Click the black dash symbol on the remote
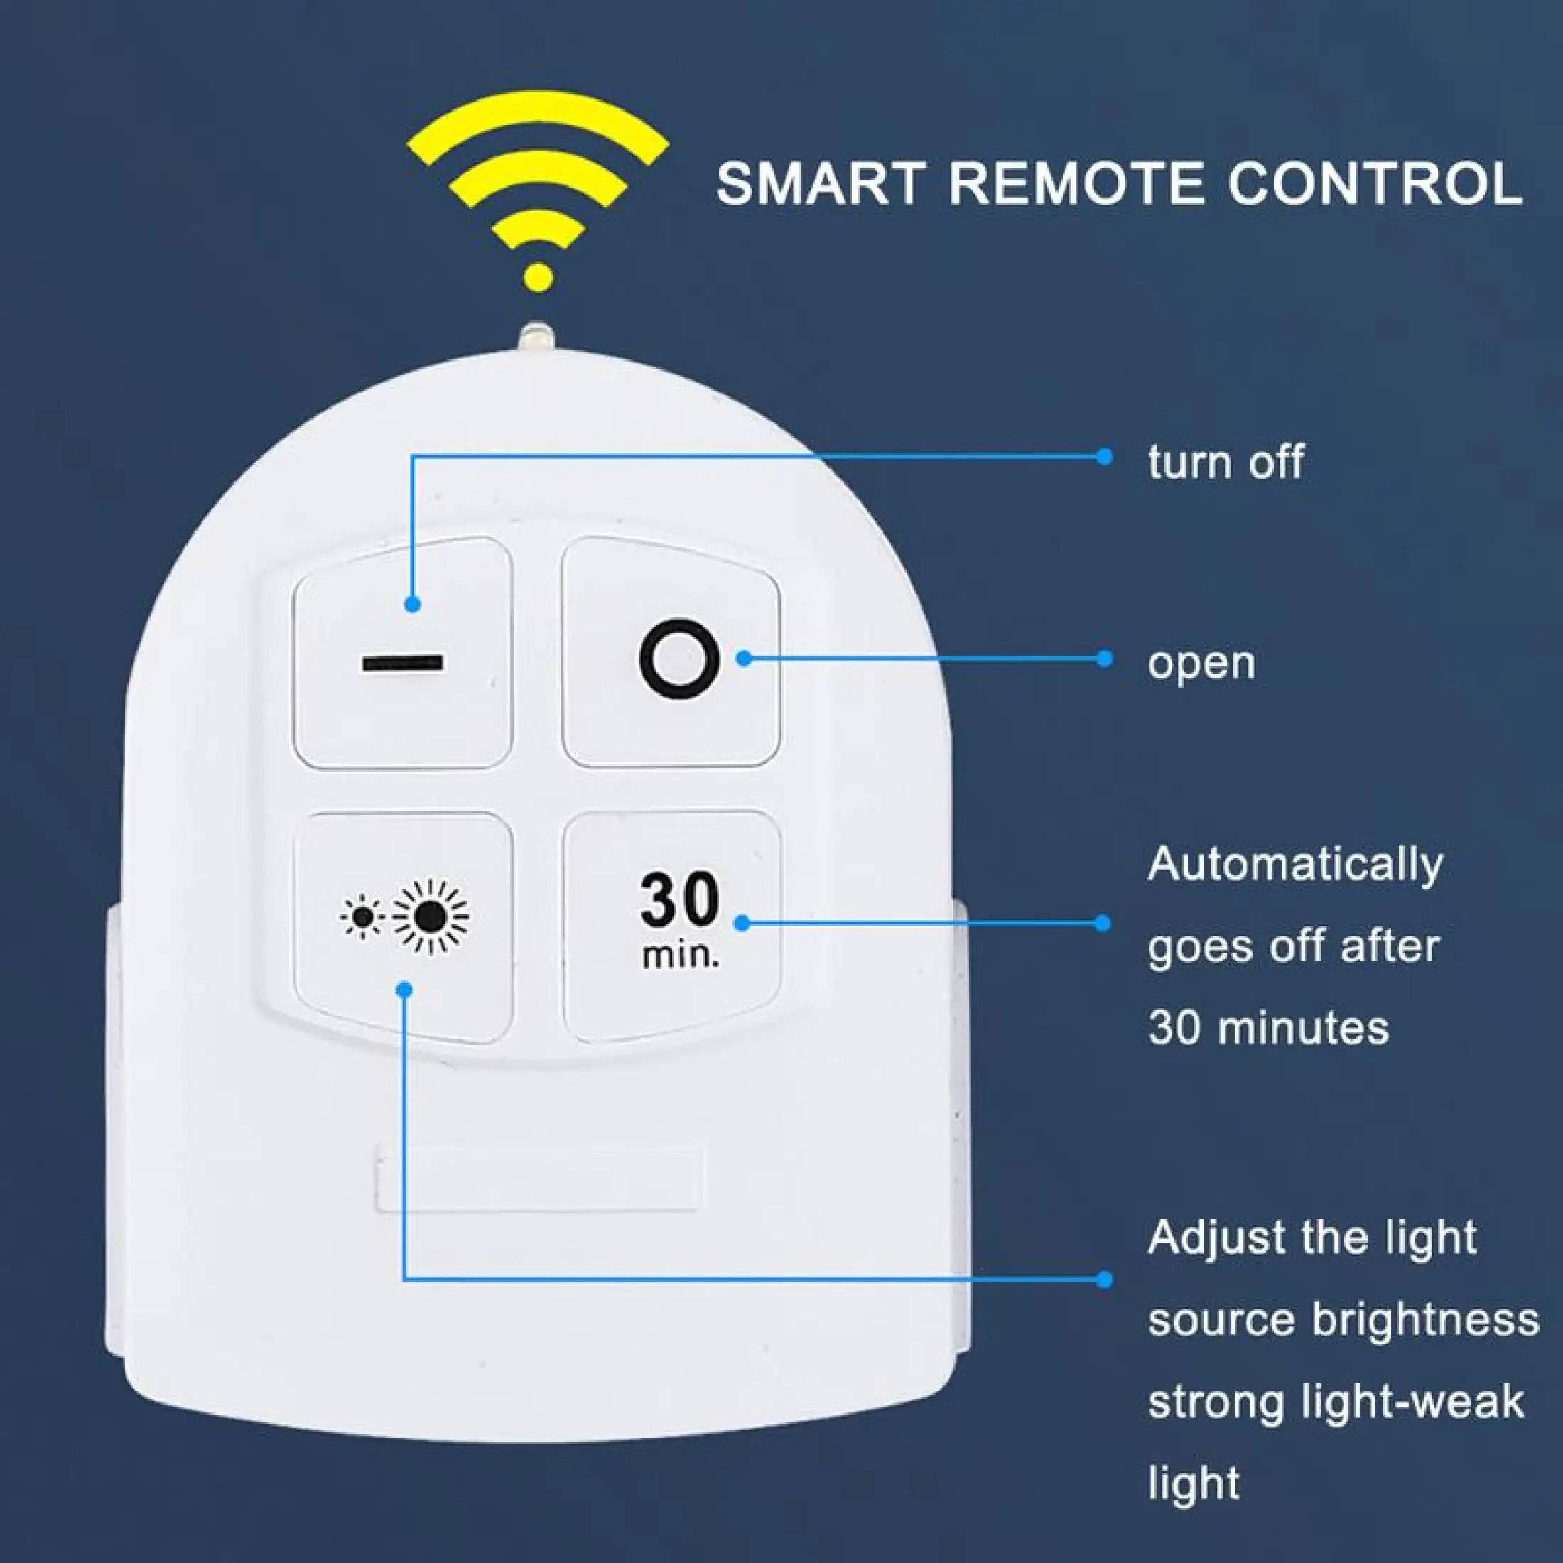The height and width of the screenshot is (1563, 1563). tap(402, 664)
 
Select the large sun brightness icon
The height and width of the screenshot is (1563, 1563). tap(431, 916)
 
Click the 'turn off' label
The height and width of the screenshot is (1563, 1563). tap(1226, 462)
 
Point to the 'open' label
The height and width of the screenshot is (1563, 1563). tap(1201, 664)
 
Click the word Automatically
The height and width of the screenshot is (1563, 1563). tap(1294, 865)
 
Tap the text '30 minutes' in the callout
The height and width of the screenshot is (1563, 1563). tap(1267, 1028)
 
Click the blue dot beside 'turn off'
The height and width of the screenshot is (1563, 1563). tap(1104, 456)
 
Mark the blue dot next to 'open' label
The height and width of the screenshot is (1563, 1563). tap(1104, 659)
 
